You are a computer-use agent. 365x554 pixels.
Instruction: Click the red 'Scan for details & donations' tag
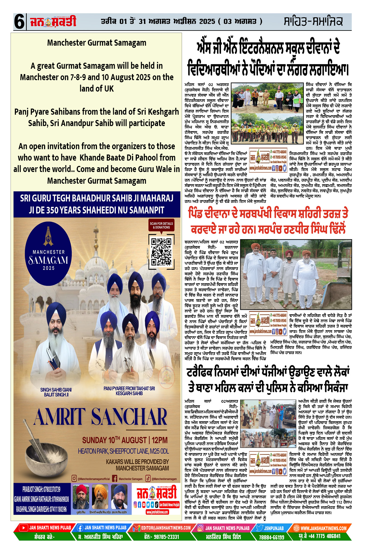click(x=161, y=225)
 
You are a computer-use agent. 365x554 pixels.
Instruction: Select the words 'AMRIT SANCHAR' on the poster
click(x=100, y=417)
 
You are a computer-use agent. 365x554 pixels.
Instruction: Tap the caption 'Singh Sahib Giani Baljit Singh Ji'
click(x=56, y=392)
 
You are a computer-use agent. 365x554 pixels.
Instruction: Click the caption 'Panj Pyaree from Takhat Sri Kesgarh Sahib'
click(x=129, y=391)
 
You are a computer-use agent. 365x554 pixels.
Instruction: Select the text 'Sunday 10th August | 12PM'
click(x=125, y=440)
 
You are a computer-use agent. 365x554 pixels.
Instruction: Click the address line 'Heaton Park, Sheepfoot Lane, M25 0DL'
click(x=123, y=451)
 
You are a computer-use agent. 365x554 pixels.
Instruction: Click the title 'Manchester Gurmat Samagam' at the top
click(x=97, y=43)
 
